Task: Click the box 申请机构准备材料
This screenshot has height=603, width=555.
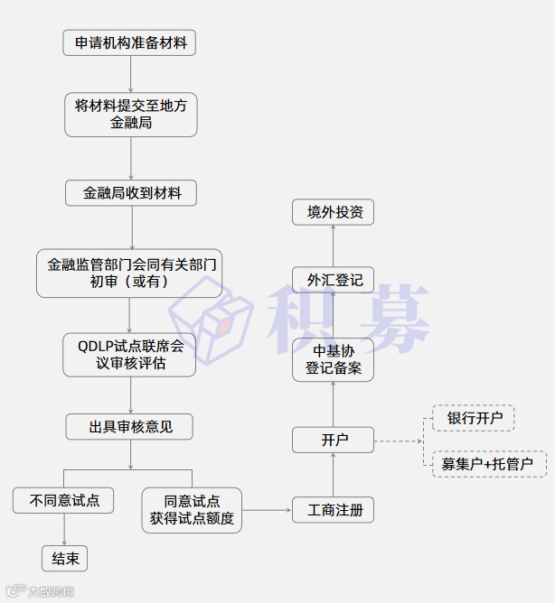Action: [x=130, y=42]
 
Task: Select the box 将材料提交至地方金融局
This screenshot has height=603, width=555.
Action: [x=130, y=115]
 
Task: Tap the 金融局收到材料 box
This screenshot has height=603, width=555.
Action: [x=130, y=192]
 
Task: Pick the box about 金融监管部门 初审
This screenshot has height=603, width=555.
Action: [x=129, y=273]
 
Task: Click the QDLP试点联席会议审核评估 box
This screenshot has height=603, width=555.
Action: [x=129, y=355]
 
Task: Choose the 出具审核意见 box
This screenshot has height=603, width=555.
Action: [x=129, y=427]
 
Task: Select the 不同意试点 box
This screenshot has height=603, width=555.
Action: [x=63, y=500]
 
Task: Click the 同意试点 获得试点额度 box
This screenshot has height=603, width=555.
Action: [x=192, y=510]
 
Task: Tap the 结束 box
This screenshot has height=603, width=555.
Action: [x=65, y=559]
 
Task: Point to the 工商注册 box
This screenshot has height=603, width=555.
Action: [x=334, y=510]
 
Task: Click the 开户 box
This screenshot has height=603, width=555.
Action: [x=334, y=441]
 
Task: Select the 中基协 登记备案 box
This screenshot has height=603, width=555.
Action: [x=333, y=359]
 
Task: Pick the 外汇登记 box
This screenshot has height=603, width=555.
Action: [x=334, y=280]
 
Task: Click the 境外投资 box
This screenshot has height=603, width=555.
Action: [x=333, y=212]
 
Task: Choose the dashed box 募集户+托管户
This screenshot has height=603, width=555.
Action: [x=488, y=464]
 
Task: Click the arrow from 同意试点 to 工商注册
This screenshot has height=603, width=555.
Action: [x=267, y=510]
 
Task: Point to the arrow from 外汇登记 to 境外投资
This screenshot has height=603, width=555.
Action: [x=333, y=246]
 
